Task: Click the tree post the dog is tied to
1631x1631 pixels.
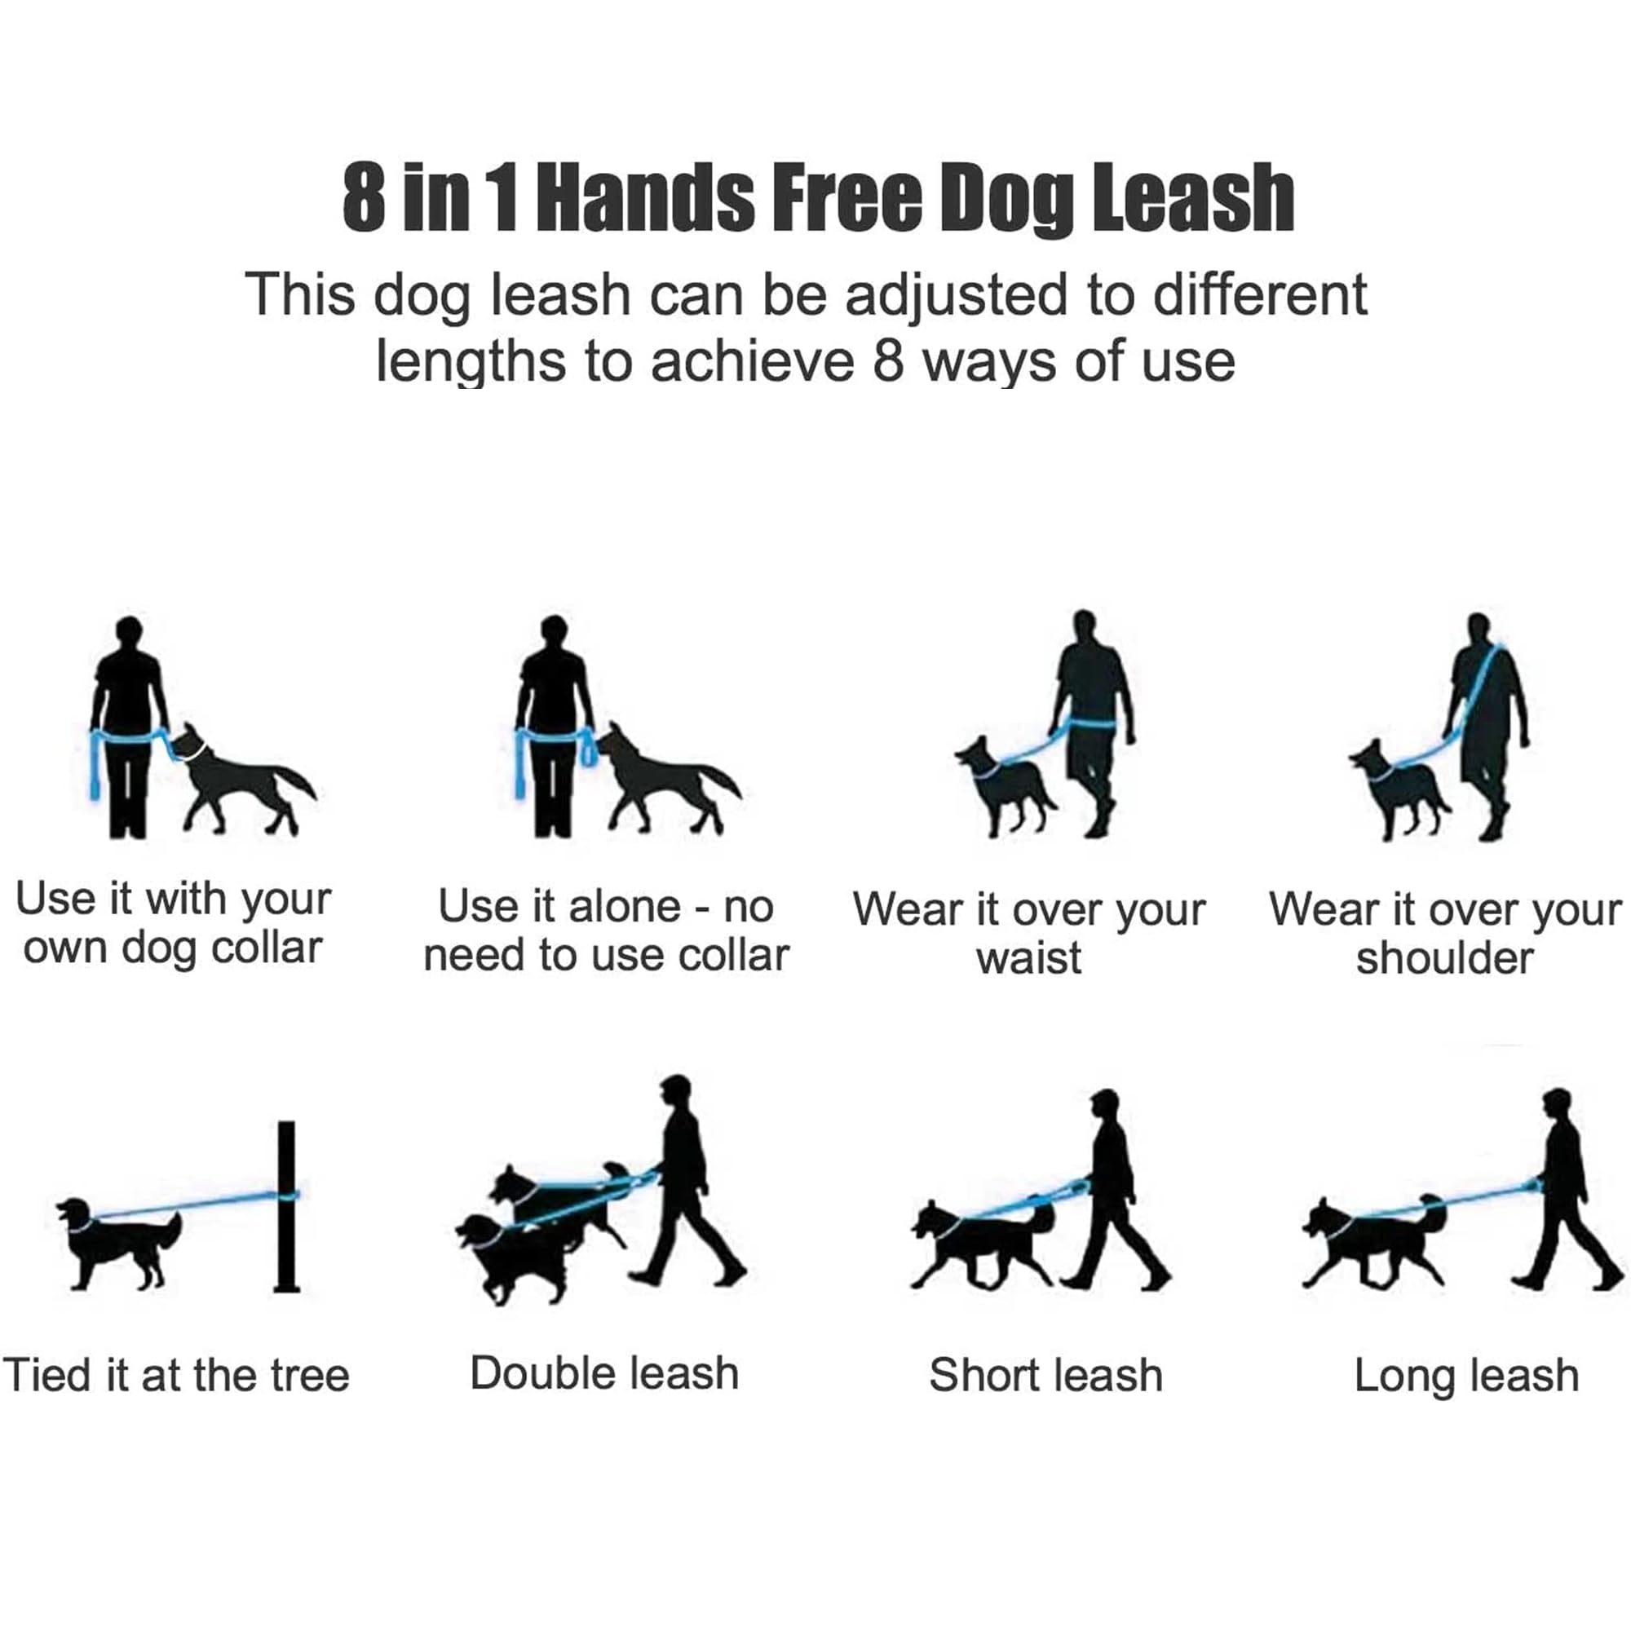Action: pyautogui.click(x=287, y=1206)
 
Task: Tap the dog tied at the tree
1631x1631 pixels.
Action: pyautogui.click(x=119, y=1243)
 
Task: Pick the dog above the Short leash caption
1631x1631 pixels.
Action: pyautogui.click(x=983, y=1244)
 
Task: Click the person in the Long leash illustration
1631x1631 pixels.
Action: pyautogui.click(x=1564, y=1190)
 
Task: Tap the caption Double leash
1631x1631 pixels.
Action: pyautogui.click(x=604, y=1372)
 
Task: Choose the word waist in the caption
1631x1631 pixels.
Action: pyautogui.click(x=1028, y=958)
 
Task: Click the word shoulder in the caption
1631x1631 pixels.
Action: pyautogui.click(x=1444, y=958)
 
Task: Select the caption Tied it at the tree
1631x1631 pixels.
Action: pyautogui.click(x=175, y=1375)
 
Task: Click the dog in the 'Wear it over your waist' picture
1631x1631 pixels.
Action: pyautogui.click(x=1006, y=785)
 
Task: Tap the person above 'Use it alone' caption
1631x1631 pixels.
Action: pyautogui.click(x=555, y=726)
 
